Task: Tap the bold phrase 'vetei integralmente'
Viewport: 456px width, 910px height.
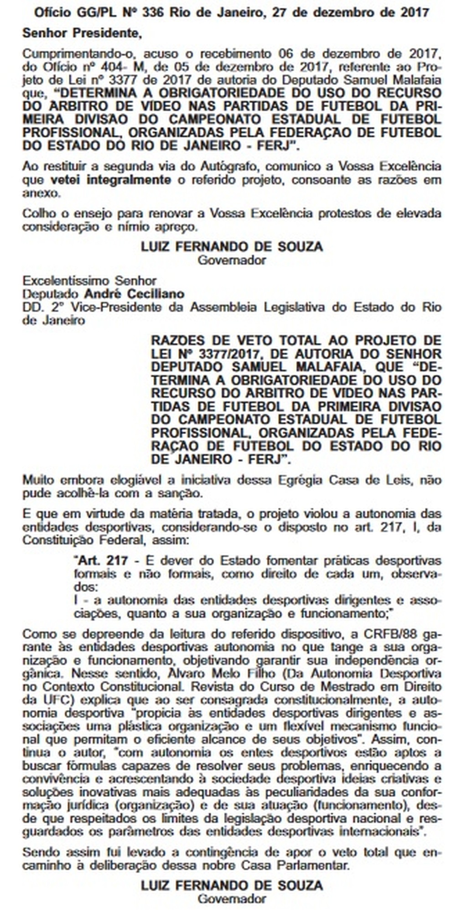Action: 111,180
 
